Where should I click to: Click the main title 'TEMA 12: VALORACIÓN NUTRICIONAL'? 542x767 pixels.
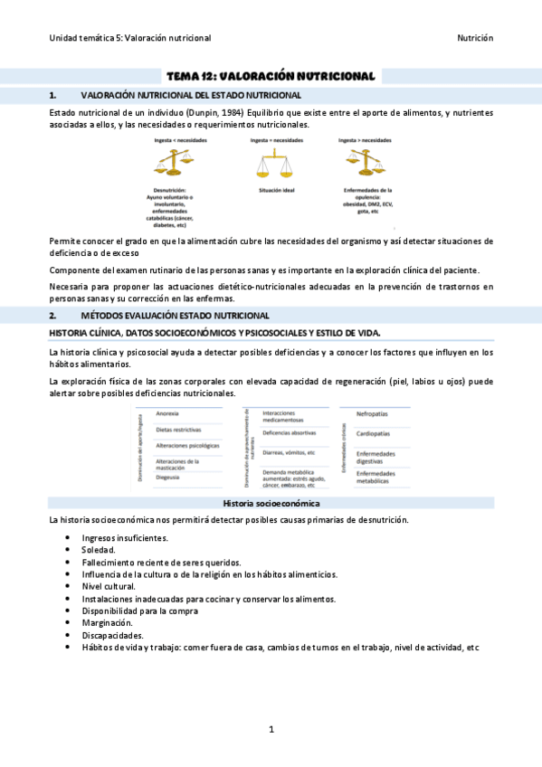(x=271, y=77)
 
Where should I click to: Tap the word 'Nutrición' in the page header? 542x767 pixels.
(x=474, y=38)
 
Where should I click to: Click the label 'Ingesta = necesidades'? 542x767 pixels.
(x=276, y=141)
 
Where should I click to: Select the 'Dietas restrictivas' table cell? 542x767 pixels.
(x=179, y=430)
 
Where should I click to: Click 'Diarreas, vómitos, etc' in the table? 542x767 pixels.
(x=288, y=452)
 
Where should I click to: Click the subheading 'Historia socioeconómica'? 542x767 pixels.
(x=271, y=503)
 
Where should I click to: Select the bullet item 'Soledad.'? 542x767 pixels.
(x=98, y=549)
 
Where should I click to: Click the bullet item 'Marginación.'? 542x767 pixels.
(x=107, y=622)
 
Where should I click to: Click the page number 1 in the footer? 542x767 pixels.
(x=271, y=729)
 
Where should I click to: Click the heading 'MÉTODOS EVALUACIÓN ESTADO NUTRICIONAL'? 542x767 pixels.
(x=175, y=316)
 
